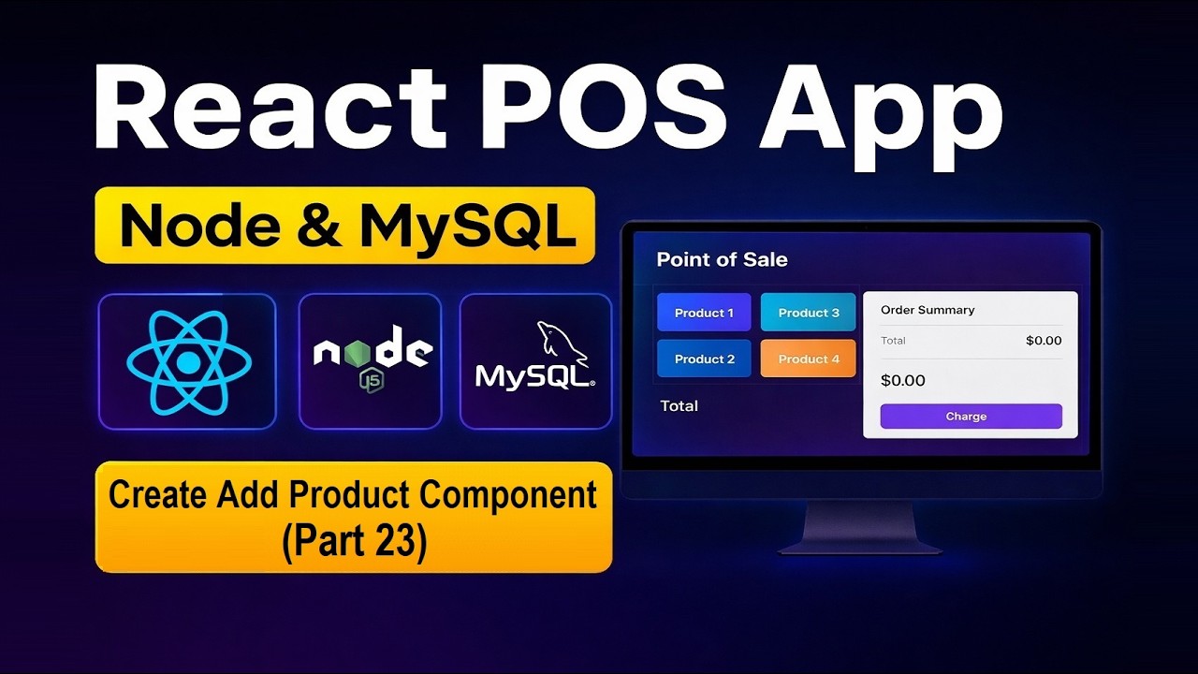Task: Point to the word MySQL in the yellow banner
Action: click(468, 226)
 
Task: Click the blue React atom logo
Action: click(188, 362)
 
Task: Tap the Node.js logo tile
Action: click(371, 361)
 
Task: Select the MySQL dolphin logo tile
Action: click(535, 361)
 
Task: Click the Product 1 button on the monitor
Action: click(704, 313)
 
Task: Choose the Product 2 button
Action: click(704, 359)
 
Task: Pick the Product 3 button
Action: click(809, 313)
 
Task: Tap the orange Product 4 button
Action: click(809, 359)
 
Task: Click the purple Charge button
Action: click(971, 417)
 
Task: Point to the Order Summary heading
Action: click(928, 310)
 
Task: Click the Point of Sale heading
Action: click(722, 259)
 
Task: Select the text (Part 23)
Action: click(354, 544)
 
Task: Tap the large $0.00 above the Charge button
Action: click(903, 381)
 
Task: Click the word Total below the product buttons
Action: click(679, 405)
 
